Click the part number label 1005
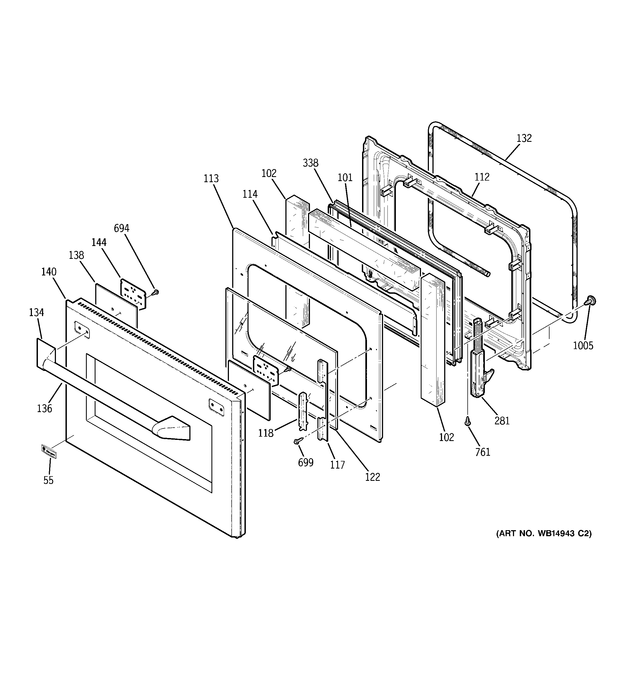583,346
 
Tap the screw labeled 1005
591,301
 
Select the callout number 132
524,138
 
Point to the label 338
310,163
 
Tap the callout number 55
48,480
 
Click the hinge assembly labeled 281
479,377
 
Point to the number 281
502,421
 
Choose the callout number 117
338,465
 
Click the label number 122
372,477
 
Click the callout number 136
44,409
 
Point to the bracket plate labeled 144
133,294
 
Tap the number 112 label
482,177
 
